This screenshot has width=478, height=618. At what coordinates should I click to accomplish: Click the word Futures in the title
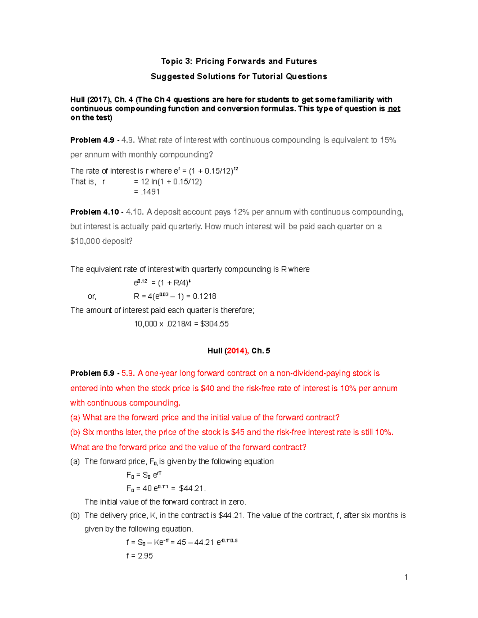tap(301, 61)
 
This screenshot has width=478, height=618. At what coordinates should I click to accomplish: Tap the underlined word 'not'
tap(394, 109)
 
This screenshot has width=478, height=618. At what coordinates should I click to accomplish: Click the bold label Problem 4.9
tap(92, 140)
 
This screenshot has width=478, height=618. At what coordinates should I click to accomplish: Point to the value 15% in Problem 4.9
tap(388, 140)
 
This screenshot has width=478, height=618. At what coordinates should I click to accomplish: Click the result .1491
tap(147, 192)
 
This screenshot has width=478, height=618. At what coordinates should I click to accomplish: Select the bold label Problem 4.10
tap(94, 212)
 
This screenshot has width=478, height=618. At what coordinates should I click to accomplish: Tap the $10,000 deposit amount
tap(85, 241)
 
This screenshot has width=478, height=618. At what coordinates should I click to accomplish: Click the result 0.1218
tap(205, 296)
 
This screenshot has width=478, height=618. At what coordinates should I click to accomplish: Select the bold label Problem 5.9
tap(92, 373)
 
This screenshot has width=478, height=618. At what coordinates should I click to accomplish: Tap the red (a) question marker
tap(75, 417)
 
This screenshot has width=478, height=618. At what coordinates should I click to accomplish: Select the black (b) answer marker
tap(75, 515)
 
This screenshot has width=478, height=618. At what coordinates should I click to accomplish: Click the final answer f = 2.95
tap(139, 556)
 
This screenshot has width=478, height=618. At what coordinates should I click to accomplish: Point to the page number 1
tap(406, 577)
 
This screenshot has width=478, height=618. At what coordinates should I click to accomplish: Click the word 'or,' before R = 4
tap(92, 296)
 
